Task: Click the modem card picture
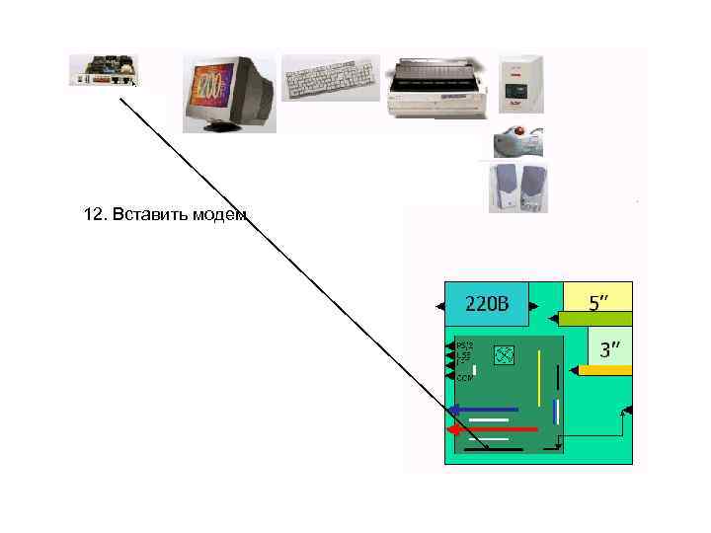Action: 103,70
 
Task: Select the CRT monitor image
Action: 228,93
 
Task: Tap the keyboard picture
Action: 330,77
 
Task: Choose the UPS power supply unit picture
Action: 519,83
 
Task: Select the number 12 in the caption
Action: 94,215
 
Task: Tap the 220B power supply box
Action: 486,303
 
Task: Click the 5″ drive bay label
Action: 598,301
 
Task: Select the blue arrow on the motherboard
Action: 483,410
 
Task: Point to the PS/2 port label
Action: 465,344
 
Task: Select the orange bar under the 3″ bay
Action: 604,370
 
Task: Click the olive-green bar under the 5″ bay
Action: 594,319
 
